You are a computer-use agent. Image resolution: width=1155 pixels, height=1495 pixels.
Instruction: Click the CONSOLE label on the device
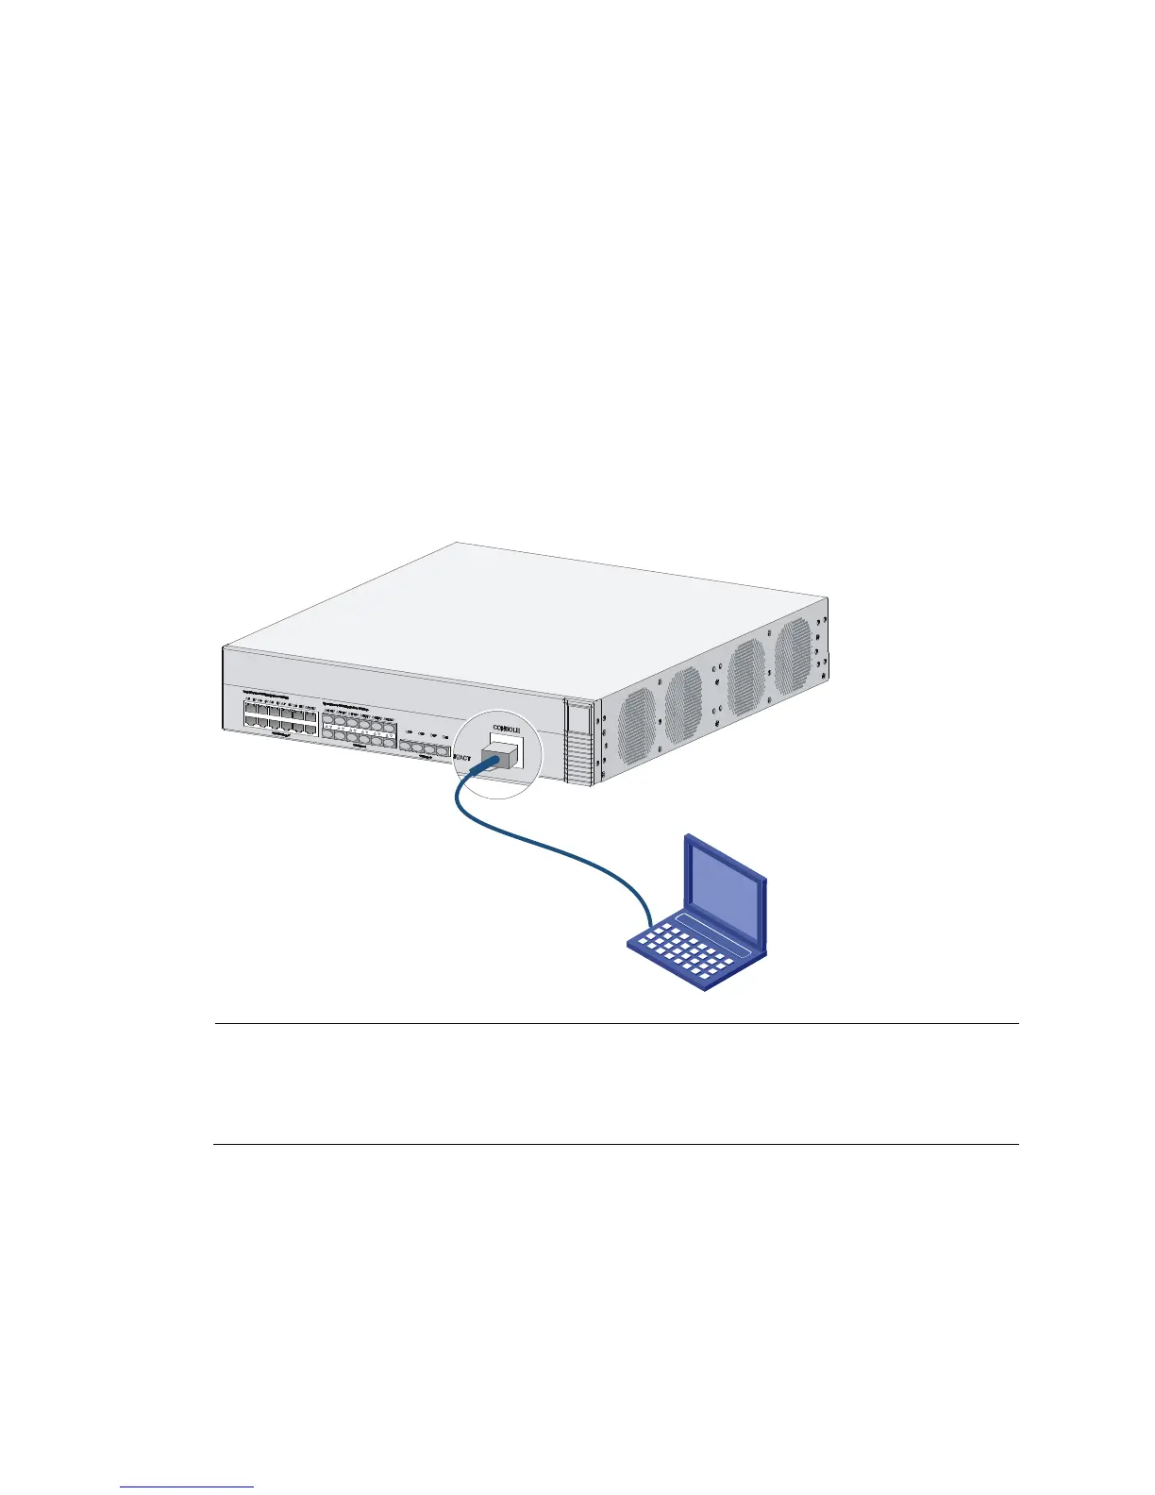coord(507,730)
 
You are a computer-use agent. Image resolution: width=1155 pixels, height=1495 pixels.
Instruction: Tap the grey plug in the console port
coord(498,756)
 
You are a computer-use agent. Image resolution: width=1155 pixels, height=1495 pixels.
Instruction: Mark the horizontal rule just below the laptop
coord(615,1023)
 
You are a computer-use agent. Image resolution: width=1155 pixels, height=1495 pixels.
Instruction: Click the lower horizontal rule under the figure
coord(615,1145)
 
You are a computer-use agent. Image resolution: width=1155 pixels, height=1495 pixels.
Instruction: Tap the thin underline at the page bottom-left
coord(187,1487)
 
